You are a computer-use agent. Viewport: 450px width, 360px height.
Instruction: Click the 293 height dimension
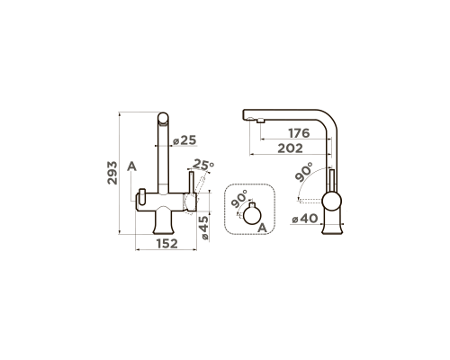pyautogui.click(x=112, y=173)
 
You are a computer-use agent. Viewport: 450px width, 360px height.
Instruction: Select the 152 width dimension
pyautogui.click(x=167, y=244)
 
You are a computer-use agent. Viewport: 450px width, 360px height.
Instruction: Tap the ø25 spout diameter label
pyautogui.click(x=184, y=140)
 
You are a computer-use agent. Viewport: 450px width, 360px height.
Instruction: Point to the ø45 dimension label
pyautogui.click(x=204, y=228)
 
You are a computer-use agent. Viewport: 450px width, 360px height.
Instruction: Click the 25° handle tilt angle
pyautogui.click(x=203, y=164)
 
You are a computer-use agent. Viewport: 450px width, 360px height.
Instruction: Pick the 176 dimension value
pyautogui.click(x=299, y=133)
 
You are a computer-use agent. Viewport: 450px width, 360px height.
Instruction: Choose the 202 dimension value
pyautogui.click(x=290, y=148)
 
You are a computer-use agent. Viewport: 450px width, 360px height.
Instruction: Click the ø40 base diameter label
pyautogui.click(x=305, y=219)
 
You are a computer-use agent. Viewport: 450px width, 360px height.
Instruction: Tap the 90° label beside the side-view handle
pyautogui.click(x=303, y=172)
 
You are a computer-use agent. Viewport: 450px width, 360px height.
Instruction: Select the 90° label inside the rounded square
pyautogui.click(x=239, y=199)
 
